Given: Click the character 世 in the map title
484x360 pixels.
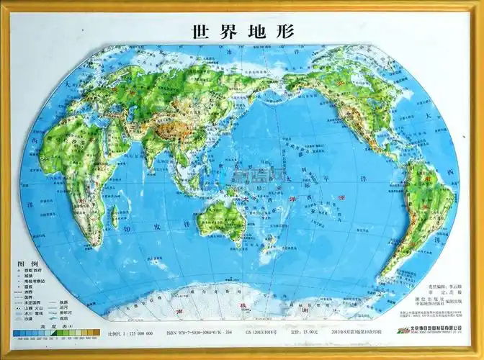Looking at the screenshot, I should point(200,32).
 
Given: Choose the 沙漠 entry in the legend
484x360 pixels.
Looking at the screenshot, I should point(27,318).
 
